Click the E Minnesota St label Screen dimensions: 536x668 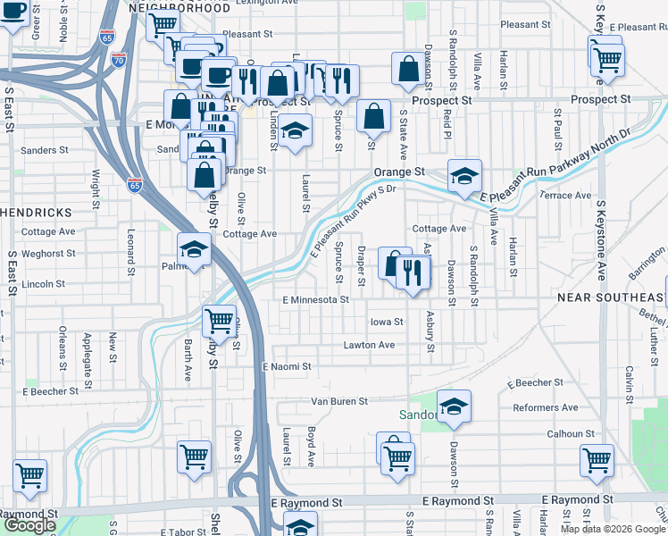[315, 300]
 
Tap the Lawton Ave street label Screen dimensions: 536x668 [369, 345]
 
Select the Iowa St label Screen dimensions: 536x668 [387, 322]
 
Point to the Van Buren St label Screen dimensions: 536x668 [338, 402]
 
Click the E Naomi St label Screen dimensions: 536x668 [287, 366]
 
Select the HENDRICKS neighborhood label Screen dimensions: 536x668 [36, 213]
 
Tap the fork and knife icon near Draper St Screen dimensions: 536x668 [413, 272]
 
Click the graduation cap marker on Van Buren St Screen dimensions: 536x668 [454, 406]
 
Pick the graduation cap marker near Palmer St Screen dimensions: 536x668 [193, 250]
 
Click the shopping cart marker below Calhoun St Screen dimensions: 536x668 [597, 460]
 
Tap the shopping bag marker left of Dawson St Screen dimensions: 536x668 [408, 68]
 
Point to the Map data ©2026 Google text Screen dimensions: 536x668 [613, 529]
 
